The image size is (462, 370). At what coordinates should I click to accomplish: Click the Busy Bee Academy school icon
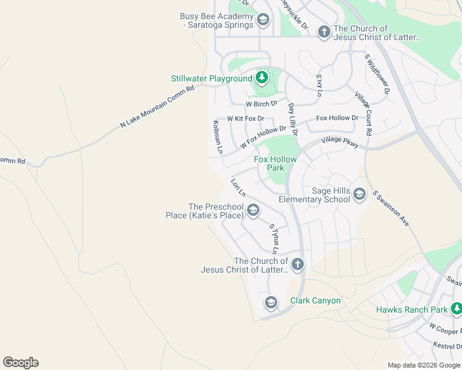(262, 21)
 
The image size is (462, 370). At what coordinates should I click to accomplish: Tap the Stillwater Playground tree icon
(262, 78)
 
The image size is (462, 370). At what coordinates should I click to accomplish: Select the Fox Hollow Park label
(275, 163)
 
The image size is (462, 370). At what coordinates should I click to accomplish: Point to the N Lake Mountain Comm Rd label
(157, 107)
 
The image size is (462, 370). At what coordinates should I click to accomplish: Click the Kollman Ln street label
(217, 136)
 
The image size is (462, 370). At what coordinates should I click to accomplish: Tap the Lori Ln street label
(238, 187)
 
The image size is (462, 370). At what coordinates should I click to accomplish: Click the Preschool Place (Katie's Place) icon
(253, 211)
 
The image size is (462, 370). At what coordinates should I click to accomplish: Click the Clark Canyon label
(316, 301)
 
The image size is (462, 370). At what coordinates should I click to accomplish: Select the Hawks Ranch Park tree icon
(456, 309)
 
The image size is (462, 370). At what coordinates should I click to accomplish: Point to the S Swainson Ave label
(390, 208)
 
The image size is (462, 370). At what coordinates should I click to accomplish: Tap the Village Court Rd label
(363, 113)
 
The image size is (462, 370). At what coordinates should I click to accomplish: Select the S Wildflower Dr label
(377, 73)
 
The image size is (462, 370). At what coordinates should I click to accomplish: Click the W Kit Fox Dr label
(245, 118)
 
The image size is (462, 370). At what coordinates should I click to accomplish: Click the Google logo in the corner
(20, 363)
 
